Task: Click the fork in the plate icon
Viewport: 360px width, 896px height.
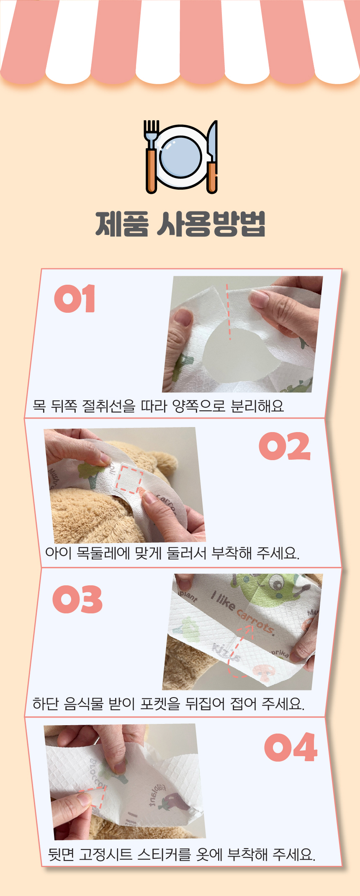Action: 151,157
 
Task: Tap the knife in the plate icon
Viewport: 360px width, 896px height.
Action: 213,157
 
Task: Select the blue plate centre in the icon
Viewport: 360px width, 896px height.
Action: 181,157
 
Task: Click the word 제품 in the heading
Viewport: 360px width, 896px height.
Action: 122,224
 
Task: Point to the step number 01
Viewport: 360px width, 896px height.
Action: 75,299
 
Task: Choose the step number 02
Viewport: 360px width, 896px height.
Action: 285,446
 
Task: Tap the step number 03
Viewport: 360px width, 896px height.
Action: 77,600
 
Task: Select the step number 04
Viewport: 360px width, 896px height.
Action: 291,747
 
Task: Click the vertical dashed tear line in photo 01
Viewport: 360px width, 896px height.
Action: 228,312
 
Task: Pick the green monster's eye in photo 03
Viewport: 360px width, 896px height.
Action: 275,581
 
